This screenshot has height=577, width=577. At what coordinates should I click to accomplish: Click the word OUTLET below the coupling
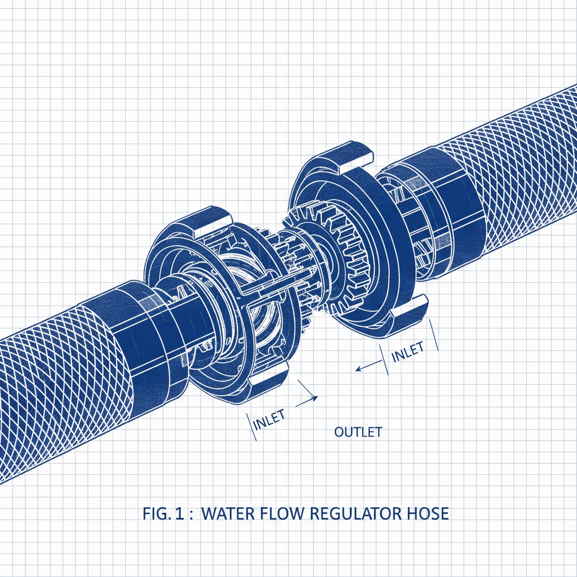click(x=358, y=432)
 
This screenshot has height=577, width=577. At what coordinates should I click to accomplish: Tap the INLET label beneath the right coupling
click(x=407, y=352)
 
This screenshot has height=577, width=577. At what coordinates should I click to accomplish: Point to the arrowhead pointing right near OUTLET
click(x=313, y=398)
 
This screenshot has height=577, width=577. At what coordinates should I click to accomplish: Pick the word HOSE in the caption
click(x=429, y=514)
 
